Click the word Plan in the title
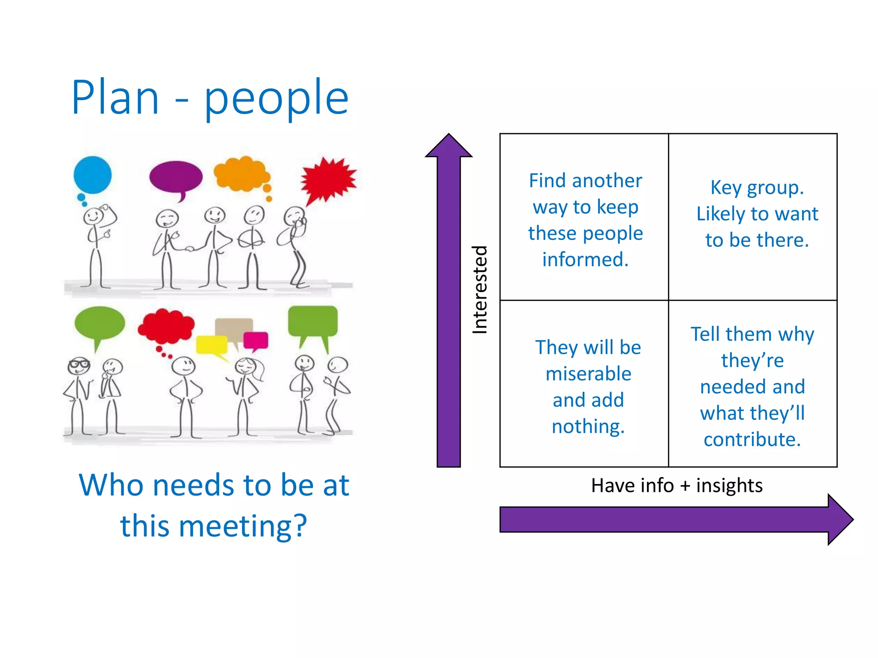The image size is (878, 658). [x=115, y=98]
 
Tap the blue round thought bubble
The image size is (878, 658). [x=92, y=175]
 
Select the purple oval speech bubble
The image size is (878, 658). [x=176, y=177]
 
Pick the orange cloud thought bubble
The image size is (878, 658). [x=241, y=173]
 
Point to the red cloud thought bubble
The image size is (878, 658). [x=166, y=325]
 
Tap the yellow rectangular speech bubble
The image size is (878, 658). [x=211, y=345]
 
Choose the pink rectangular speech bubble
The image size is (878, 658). [x=256, y=340]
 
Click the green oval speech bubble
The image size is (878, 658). [x=99, y=323]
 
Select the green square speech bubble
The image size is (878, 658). [x=313, y=321]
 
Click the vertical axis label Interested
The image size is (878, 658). [x=480, y=290]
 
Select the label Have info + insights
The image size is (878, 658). [x=677, y=485]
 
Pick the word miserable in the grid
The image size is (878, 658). [x=588, y=374]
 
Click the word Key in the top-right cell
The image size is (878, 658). [x=726, y=188]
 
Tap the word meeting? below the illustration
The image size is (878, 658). [x=243, y=526]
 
